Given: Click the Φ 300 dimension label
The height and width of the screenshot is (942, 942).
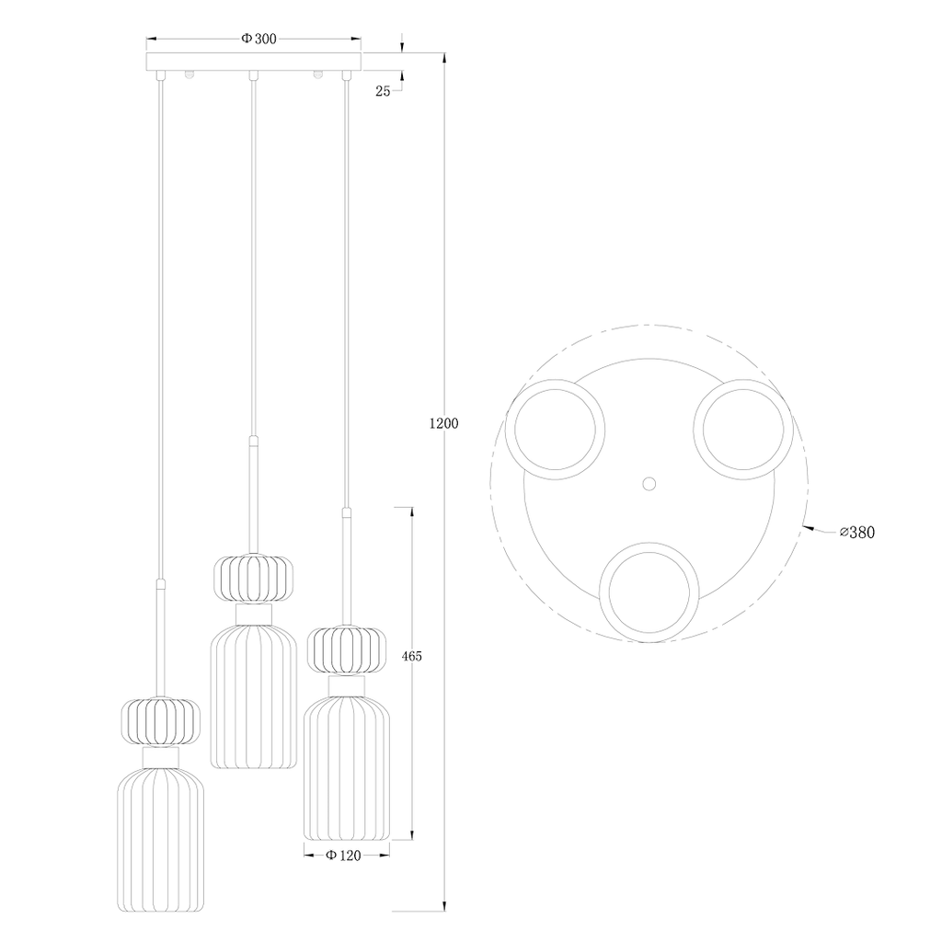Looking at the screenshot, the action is (x=258, y=39).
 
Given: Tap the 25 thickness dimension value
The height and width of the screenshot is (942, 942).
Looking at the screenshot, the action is (x=383, y=91).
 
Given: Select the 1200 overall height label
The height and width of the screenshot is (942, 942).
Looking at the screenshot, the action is (x=444, y=423).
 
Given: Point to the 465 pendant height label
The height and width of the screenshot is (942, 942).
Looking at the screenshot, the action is (x=411, y=657).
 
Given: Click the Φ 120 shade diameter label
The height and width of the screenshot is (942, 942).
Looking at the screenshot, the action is (x=343, y=856).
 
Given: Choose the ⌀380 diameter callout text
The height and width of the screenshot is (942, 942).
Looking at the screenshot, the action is (x=857, y=533).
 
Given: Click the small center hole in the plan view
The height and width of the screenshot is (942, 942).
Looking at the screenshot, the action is (x=649, y=483).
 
